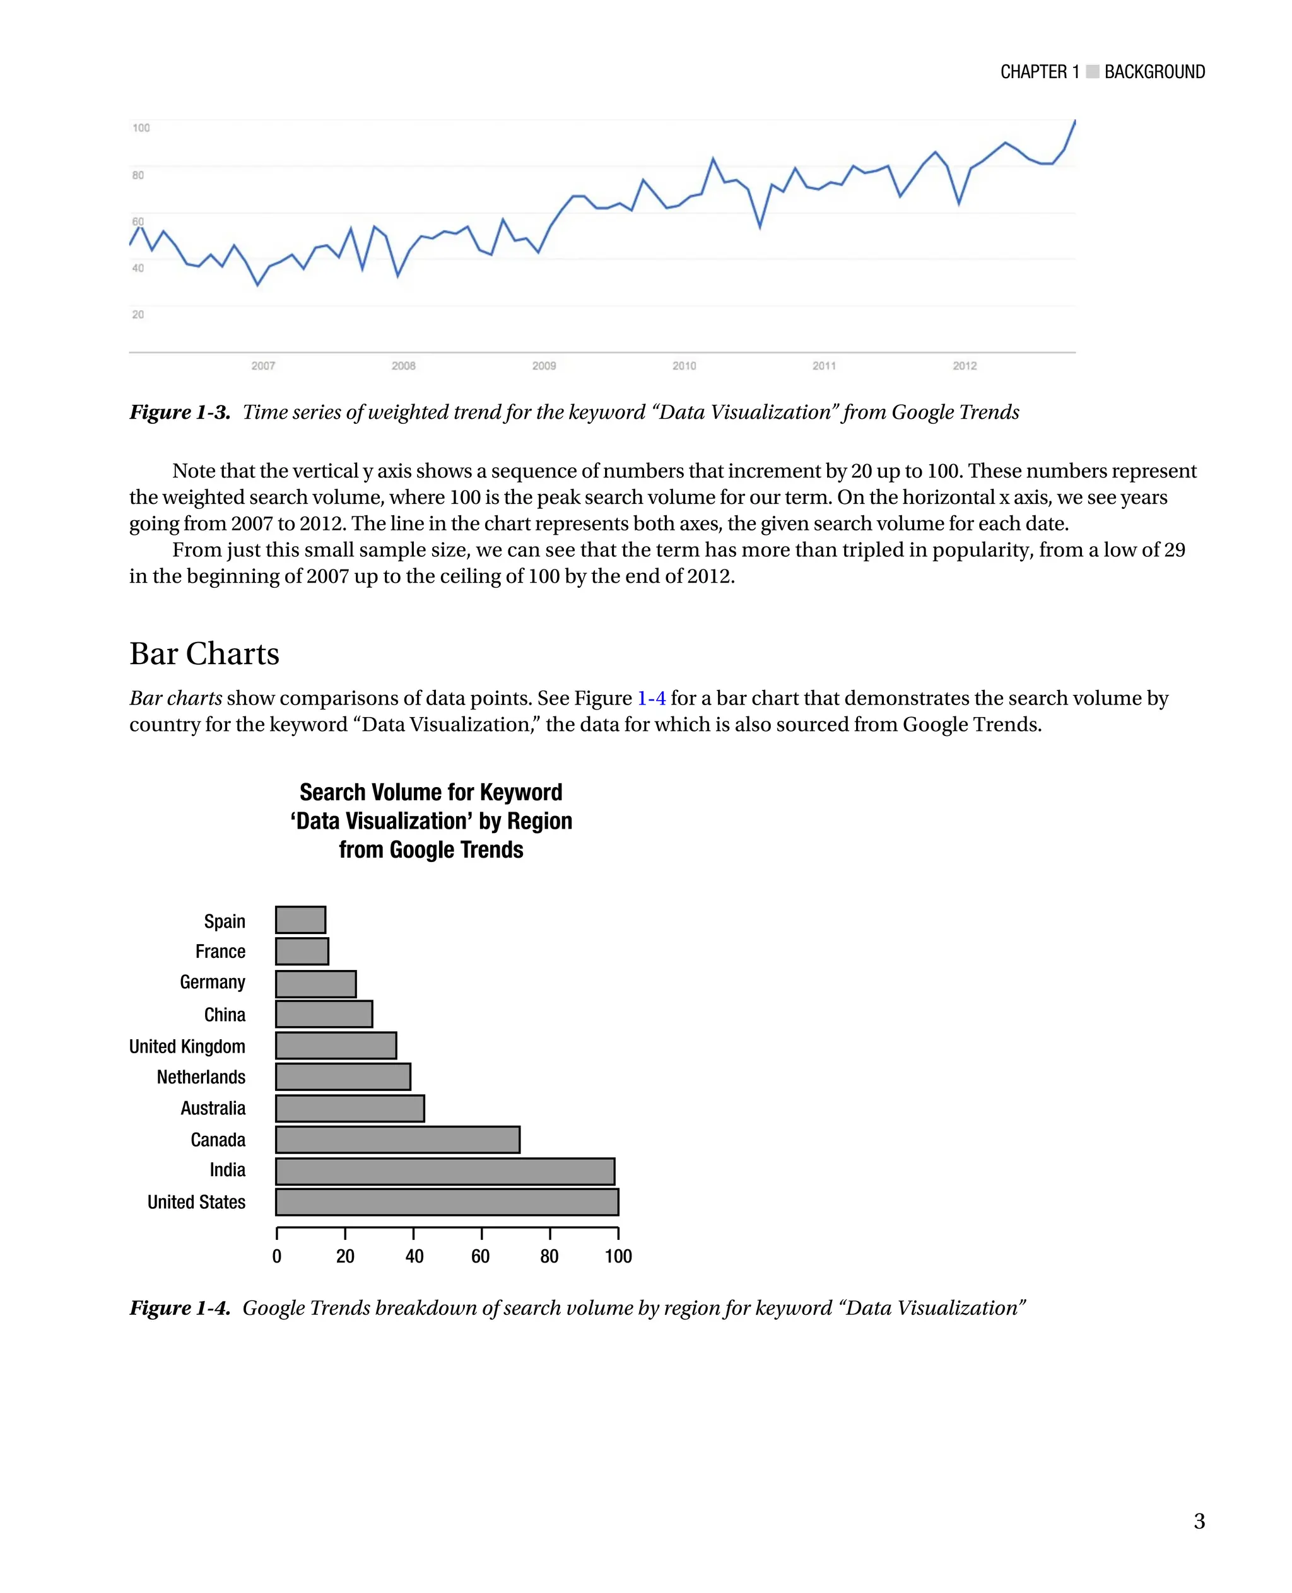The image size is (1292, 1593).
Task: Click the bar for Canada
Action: [397, 1139]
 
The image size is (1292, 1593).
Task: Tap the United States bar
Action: [447, 1201]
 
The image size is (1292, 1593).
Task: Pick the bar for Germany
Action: [315, 984]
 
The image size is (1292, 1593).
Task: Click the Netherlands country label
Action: [201, 1077]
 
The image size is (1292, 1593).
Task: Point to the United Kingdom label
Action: [187, 1046]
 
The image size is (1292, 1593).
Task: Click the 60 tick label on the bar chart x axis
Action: [481, 1257]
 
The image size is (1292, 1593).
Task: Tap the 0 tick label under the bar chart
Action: [277, 1257]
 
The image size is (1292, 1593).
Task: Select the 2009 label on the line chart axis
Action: [544, 365]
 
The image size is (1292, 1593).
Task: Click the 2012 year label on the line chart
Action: [965, 365]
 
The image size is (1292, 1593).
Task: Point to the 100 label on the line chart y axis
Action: [141, 128]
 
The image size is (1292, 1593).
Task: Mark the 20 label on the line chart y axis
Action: [138, 314]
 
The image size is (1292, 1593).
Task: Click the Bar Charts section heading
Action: [204, 653]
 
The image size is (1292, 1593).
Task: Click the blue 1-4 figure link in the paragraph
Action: [651, 698]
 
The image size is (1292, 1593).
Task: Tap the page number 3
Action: [1199, 1521]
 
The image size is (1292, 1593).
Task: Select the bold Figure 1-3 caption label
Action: [180, 412]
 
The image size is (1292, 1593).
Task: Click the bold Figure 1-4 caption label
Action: [180, 1308]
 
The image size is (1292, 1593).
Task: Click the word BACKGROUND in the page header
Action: [1154, 72]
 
